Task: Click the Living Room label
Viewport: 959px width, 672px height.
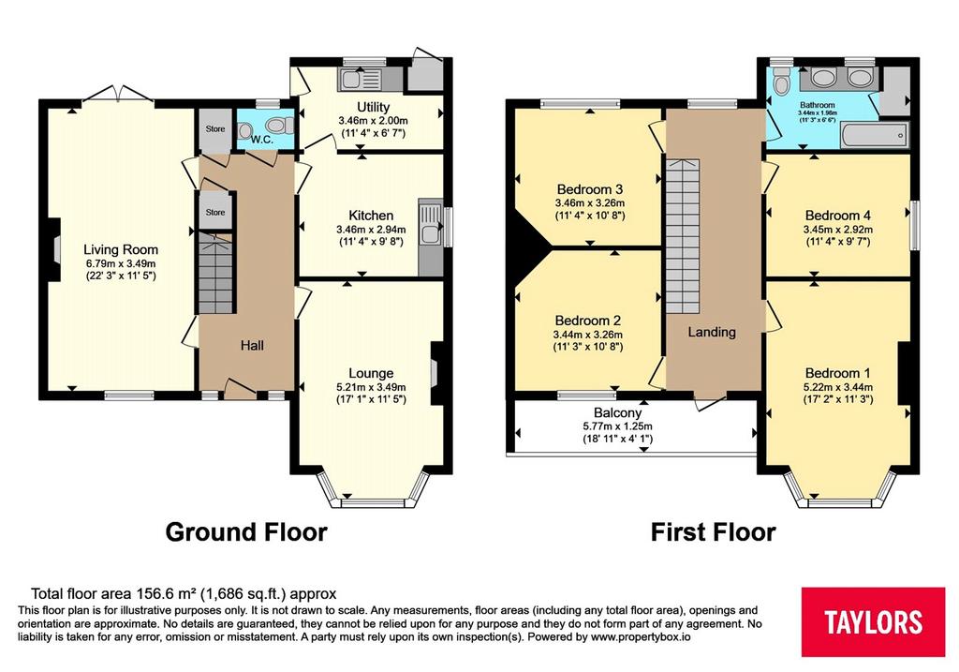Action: coord(121,249)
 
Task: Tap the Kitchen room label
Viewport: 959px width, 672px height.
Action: coord(371,216)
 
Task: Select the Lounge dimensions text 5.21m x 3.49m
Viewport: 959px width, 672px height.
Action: coord(371,387)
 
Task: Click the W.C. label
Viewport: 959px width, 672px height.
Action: coord(261,140)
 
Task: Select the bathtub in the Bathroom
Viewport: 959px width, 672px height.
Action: coord(875,135)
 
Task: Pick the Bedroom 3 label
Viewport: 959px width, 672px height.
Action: coord(590,189)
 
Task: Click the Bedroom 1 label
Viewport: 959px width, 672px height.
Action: coord(838,373)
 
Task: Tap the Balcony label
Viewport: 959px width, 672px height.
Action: coord(617,413)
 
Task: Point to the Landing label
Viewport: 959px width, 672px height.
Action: coord(712,332)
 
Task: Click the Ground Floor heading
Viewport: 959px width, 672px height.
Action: coord(246,531)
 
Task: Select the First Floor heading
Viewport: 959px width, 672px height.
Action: coord(713,531)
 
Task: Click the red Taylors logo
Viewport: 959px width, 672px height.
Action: coord(873,621)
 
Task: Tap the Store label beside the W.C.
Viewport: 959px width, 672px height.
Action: coord(215,129)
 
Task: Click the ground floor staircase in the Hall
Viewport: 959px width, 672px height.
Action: coord(216,275)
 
